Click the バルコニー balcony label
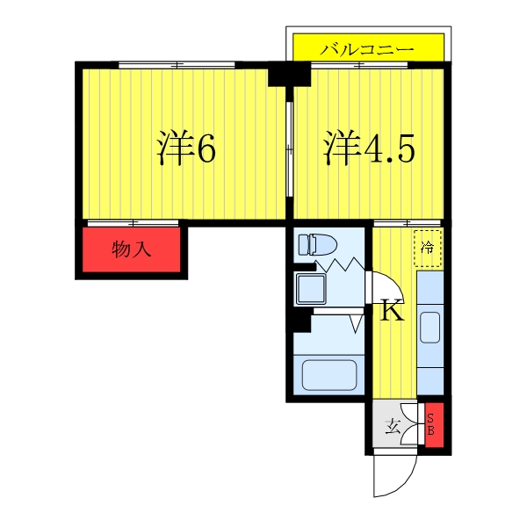[366, 49]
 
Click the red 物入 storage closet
[133, 250]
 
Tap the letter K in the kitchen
[391, 311]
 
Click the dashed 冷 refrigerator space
[428, 246]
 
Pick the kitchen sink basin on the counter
[430, 327]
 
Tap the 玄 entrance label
[393, 429]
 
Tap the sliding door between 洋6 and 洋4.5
[290, 145]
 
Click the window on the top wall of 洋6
[177, 64]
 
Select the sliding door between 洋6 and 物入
[133, 222]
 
